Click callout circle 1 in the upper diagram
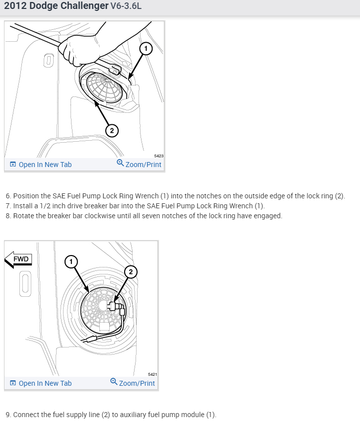coord(145,48)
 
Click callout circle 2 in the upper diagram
coord(112,130)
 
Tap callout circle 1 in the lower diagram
coord(71,261)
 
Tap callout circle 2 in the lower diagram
coord(131,271)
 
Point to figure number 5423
coord(158,156)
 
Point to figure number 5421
coord(152,374)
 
